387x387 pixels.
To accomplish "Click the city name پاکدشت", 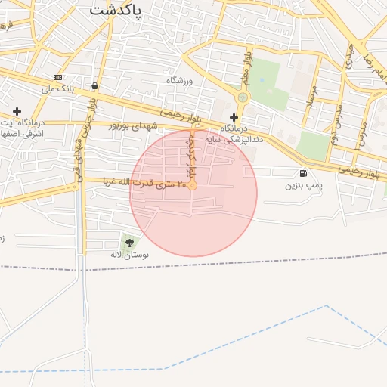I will click(x=122, y=10).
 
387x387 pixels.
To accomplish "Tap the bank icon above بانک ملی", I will click(x=59, y=78).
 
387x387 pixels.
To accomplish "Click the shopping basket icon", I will click(x=94, y=86).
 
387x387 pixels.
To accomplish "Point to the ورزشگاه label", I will click(x=181, y=80).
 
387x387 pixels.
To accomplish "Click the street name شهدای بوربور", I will click(x=134, y=125).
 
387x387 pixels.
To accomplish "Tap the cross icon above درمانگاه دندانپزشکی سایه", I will click(x=234, y=117).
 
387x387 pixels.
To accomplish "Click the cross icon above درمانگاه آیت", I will click(x=17, y=111).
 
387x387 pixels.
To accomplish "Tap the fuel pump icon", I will click(x=303, y=173).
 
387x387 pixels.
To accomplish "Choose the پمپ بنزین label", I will click(x=304, y=185).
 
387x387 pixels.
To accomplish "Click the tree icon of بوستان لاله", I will click(x=130, y=243).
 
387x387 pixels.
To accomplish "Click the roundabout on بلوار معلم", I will click(x=243, y=98).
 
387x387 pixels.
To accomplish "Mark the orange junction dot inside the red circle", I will click(x=193, y=184).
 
